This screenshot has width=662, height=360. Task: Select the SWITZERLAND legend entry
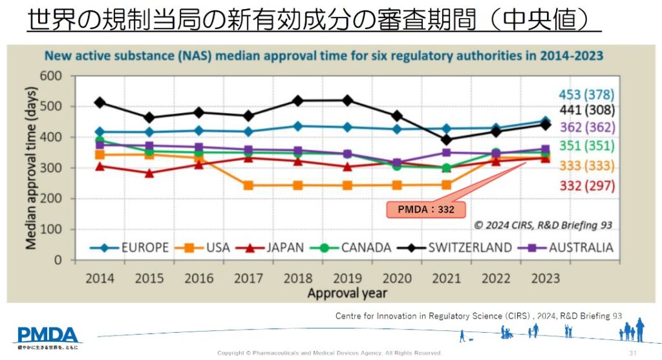click(x=469, y=248)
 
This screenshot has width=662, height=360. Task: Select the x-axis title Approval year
click(x=347, y=293)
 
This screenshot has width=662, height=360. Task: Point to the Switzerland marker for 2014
click(x=100, y=103)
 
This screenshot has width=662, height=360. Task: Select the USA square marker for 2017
click(x=248, y=185)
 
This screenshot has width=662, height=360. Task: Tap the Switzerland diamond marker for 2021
click(x=446, y=140)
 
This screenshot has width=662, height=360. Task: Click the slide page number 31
click(x=632, y=352)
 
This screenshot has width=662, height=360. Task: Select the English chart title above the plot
click(x=323, y=56)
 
